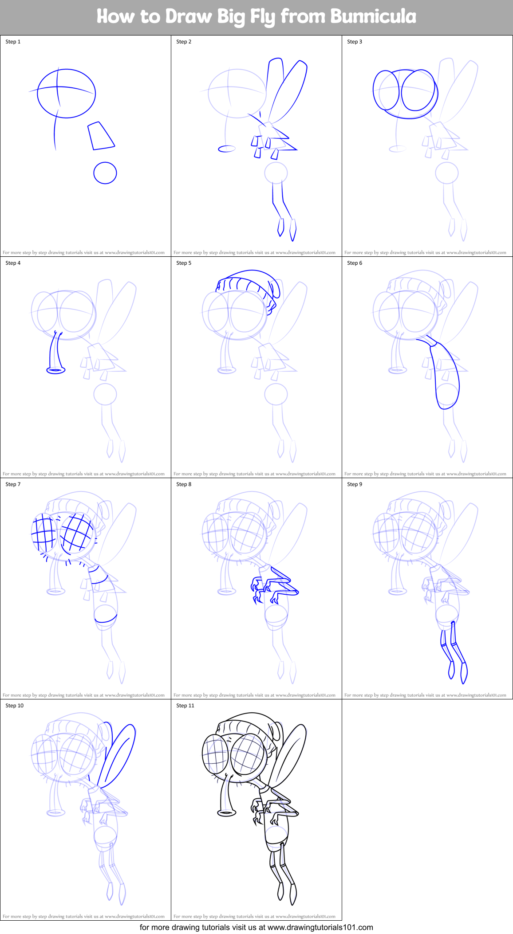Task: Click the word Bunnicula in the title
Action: pyautogui.click(x=373, y=17)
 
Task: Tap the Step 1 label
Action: pyautogui.click(x=13, y=42)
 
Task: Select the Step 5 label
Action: pyautogui.click(x=184, y=263)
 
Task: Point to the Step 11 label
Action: pyautogui.click(x=185, y=706)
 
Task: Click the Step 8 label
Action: pyautogui.click(x=184, y=484)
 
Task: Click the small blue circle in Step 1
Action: pyautogui.click(x=105, y=173)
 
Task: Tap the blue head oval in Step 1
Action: pyautogui.click(x=67, y=94)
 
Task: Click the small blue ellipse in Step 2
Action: pyautogui.click(x=227, y=149)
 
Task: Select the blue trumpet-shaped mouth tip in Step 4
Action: pyautogui.click(x=56, y=370)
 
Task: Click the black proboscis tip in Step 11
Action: pyautogui.click(x=226, y=813)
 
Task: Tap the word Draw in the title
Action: pyautogui.click(x=189, y=17)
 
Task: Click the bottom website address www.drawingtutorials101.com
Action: pyautogui.click(x=320, y=927)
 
